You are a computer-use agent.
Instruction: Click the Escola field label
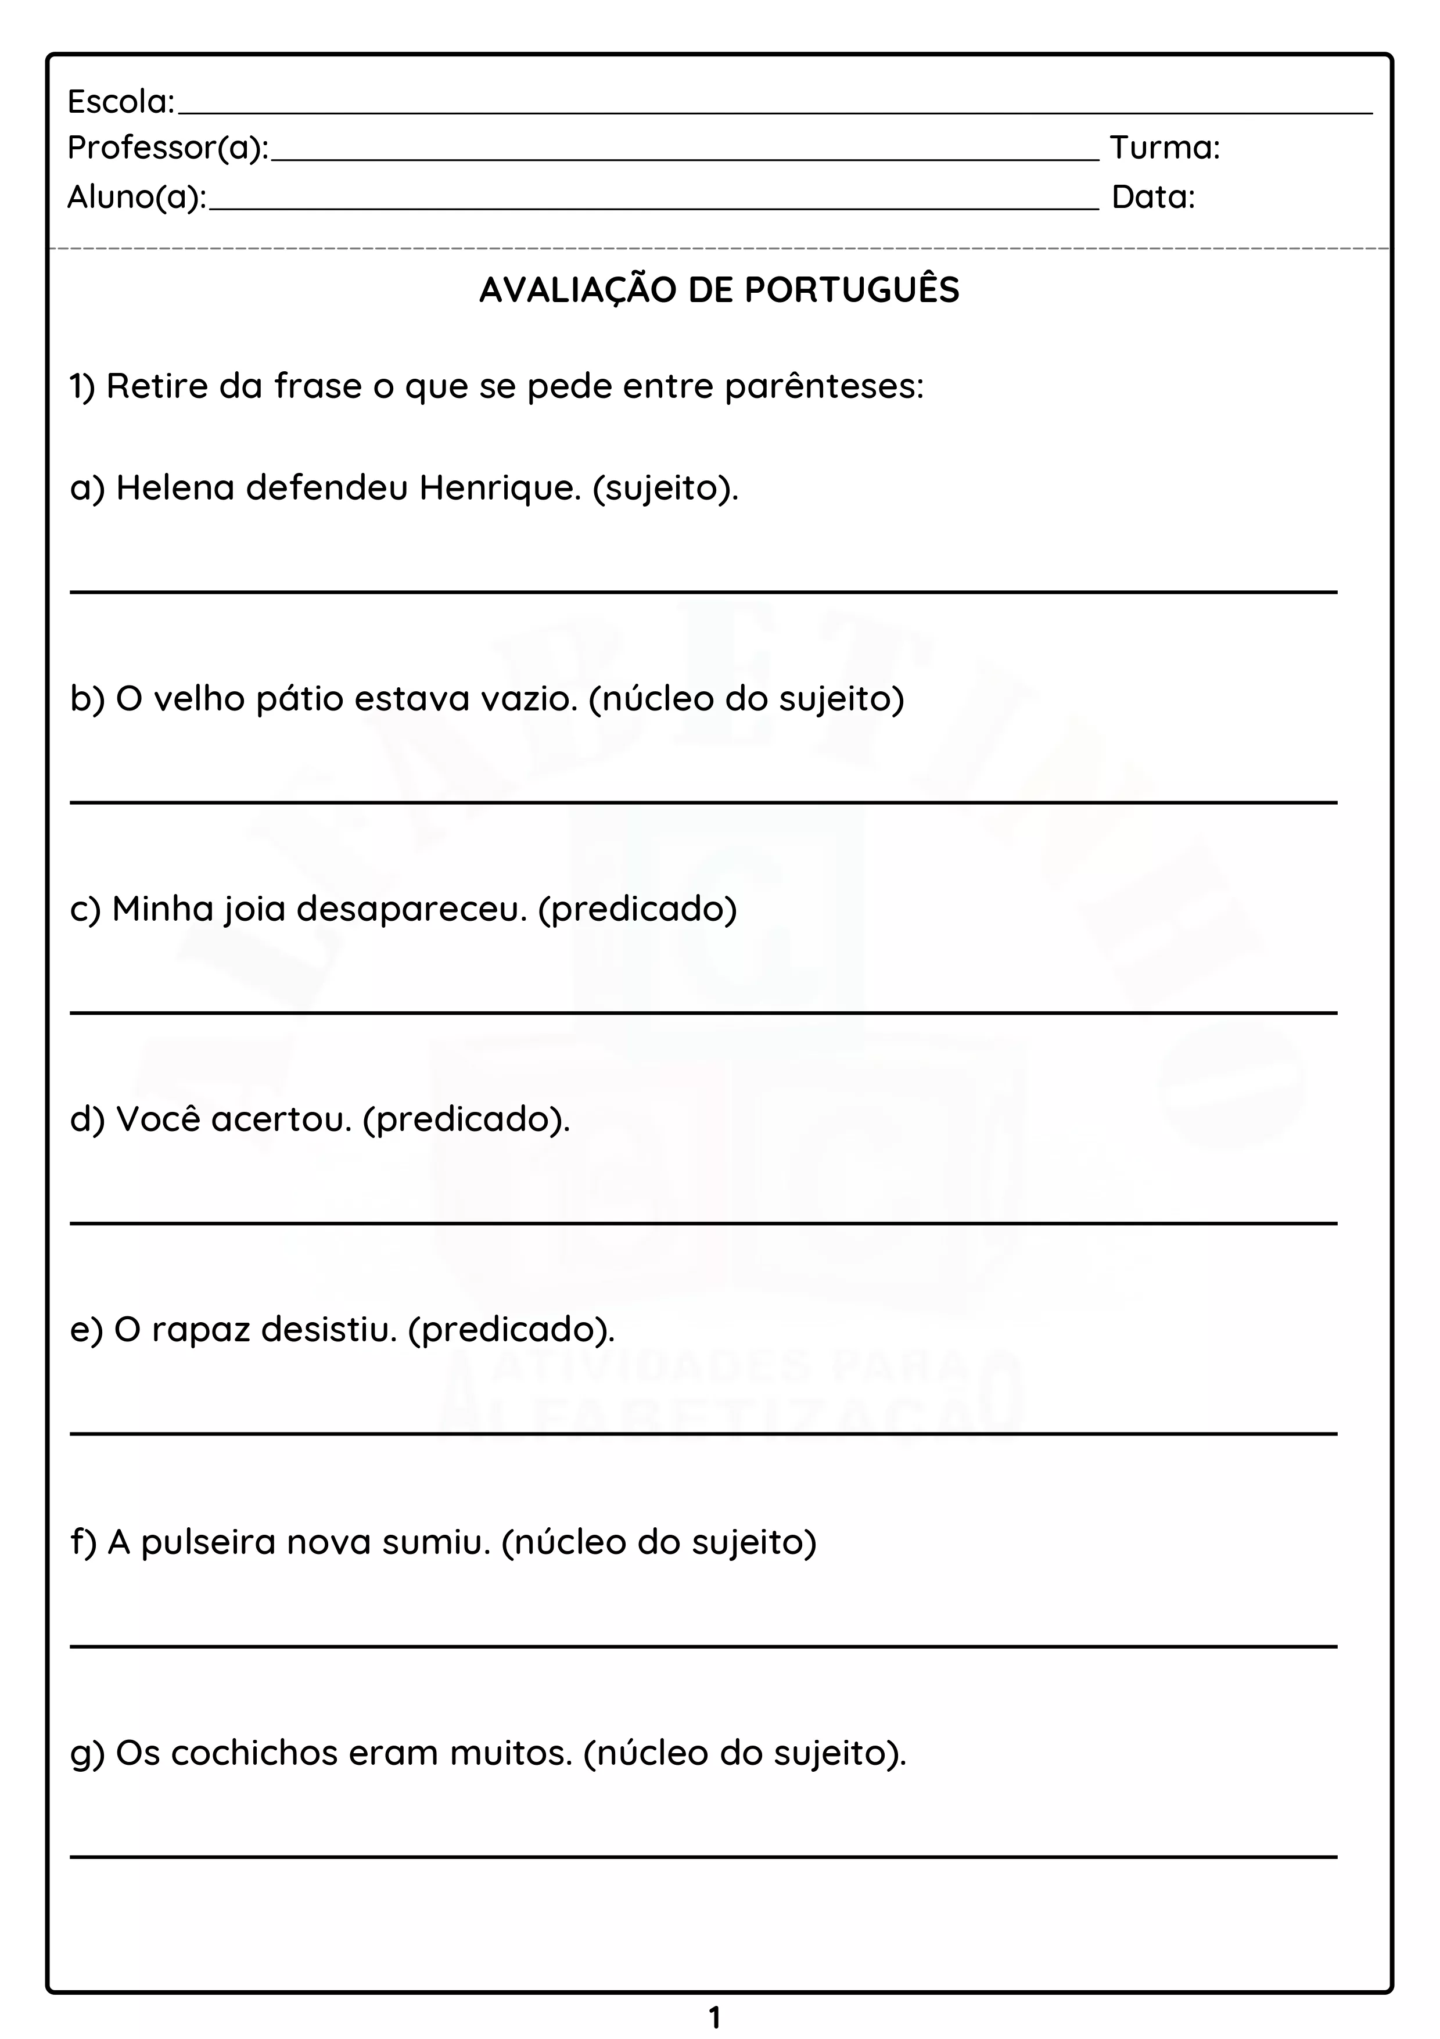(x=121, y=102)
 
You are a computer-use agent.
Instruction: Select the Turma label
(x=1165, y=148)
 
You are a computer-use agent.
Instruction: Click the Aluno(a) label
(x=136, y=197)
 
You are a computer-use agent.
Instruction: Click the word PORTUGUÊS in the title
(x=852, y=290)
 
